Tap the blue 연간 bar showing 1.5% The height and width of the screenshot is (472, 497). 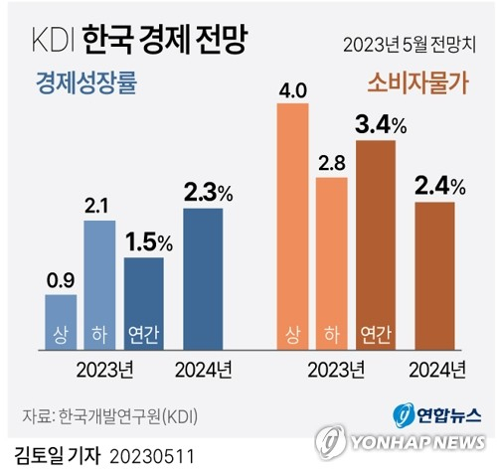[143, 304]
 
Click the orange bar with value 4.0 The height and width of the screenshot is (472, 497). [291, 228]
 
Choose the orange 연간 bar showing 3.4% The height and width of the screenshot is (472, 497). [375, 244]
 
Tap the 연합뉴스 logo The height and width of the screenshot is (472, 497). [431, 413]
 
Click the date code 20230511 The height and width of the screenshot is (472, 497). [152, 456]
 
